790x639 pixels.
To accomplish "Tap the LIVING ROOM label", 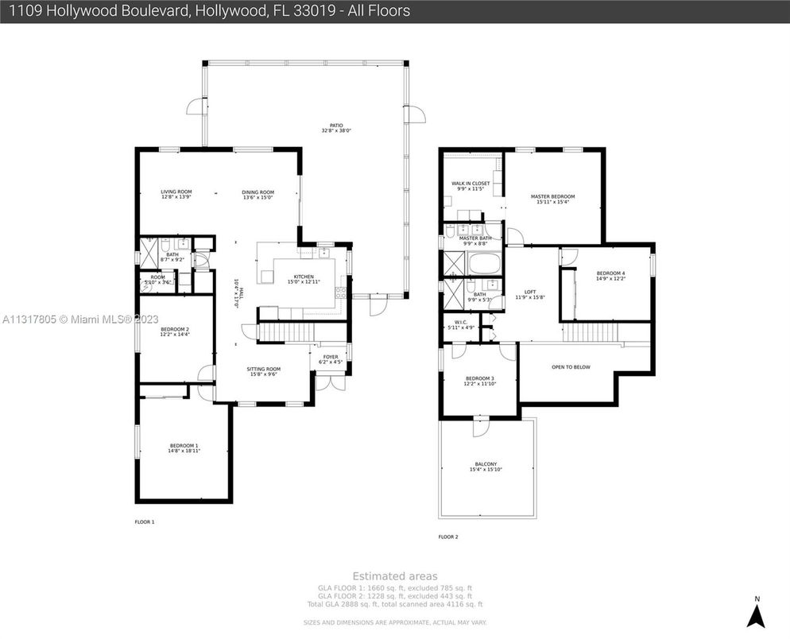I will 176,192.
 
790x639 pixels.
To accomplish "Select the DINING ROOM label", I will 258,192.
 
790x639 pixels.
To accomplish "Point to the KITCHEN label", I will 304,277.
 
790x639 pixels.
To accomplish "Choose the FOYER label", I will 330,357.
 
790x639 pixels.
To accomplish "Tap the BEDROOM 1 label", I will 184,446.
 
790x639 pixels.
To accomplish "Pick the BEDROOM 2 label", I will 174,329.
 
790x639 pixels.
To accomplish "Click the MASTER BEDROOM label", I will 552,196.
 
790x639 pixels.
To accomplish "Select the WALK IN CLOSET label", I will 471,184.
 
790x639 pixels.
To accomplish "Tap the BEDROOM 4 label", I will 610,274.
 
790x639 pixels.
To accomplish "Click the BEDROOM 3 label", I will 479,378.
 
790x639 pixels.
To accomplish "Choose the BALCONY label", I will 485,465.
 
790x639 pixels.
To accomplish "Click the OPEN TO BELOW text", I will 571,367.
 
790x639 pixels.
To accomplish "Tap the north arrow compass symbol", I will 757,613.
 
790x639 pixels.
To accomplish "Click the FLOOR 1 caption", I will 144,522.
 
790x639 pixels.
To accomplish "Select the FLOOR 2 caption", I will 448,537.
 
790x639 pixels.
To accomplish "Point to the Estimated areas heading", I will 394,576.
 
